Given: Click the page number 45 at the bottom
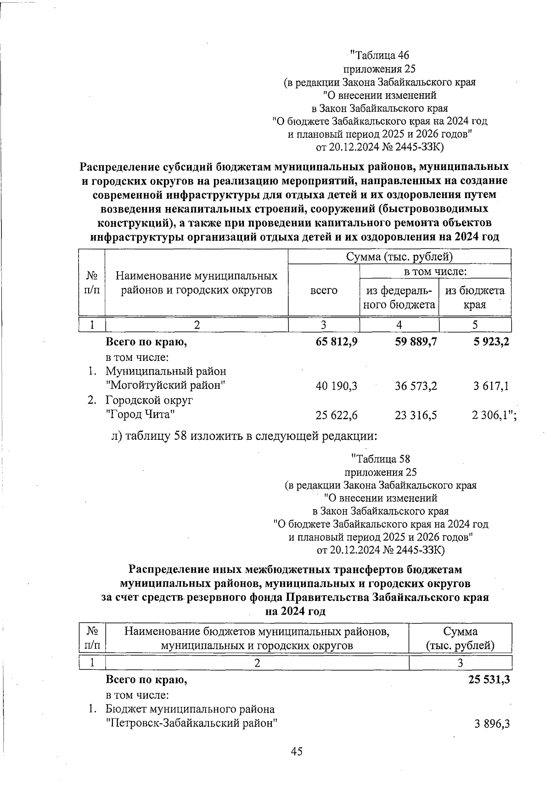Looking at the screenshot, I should click(x=296, y=752).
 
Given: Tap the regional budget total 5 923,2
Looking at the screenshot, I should click(x=491, y=342).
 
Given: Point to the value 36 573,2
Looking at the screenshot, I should click(x=416, y=386).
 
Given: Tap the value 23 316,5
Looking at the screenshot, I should click(x=416, y=415).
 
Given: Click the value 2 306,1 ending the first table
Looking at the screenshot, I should click(x=492, y=415).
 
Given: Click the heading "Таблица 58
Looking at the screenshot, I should click(x=380, y=459).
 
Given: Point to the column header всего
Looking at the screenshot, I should click(x=324, y=290).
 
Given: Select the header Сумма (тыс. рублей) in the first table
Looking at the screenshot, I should click(x=399, y=256).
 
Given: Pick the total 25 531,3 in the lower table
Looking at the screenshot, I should click(x=489, y=680).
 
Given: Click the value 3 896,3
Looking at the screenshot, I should click(x=492, y=724).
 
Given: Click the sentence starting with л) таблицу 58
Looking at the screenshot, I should click(x=244, y=436).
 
